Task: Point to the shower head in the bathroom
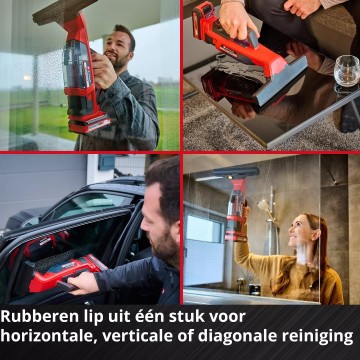tap(264, 204)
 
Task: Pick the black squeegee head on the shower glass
tap(236, 172)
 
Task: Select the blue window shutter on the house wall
tap(107, 162)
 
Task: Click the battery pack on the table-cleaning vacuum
tap(204, 19)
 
